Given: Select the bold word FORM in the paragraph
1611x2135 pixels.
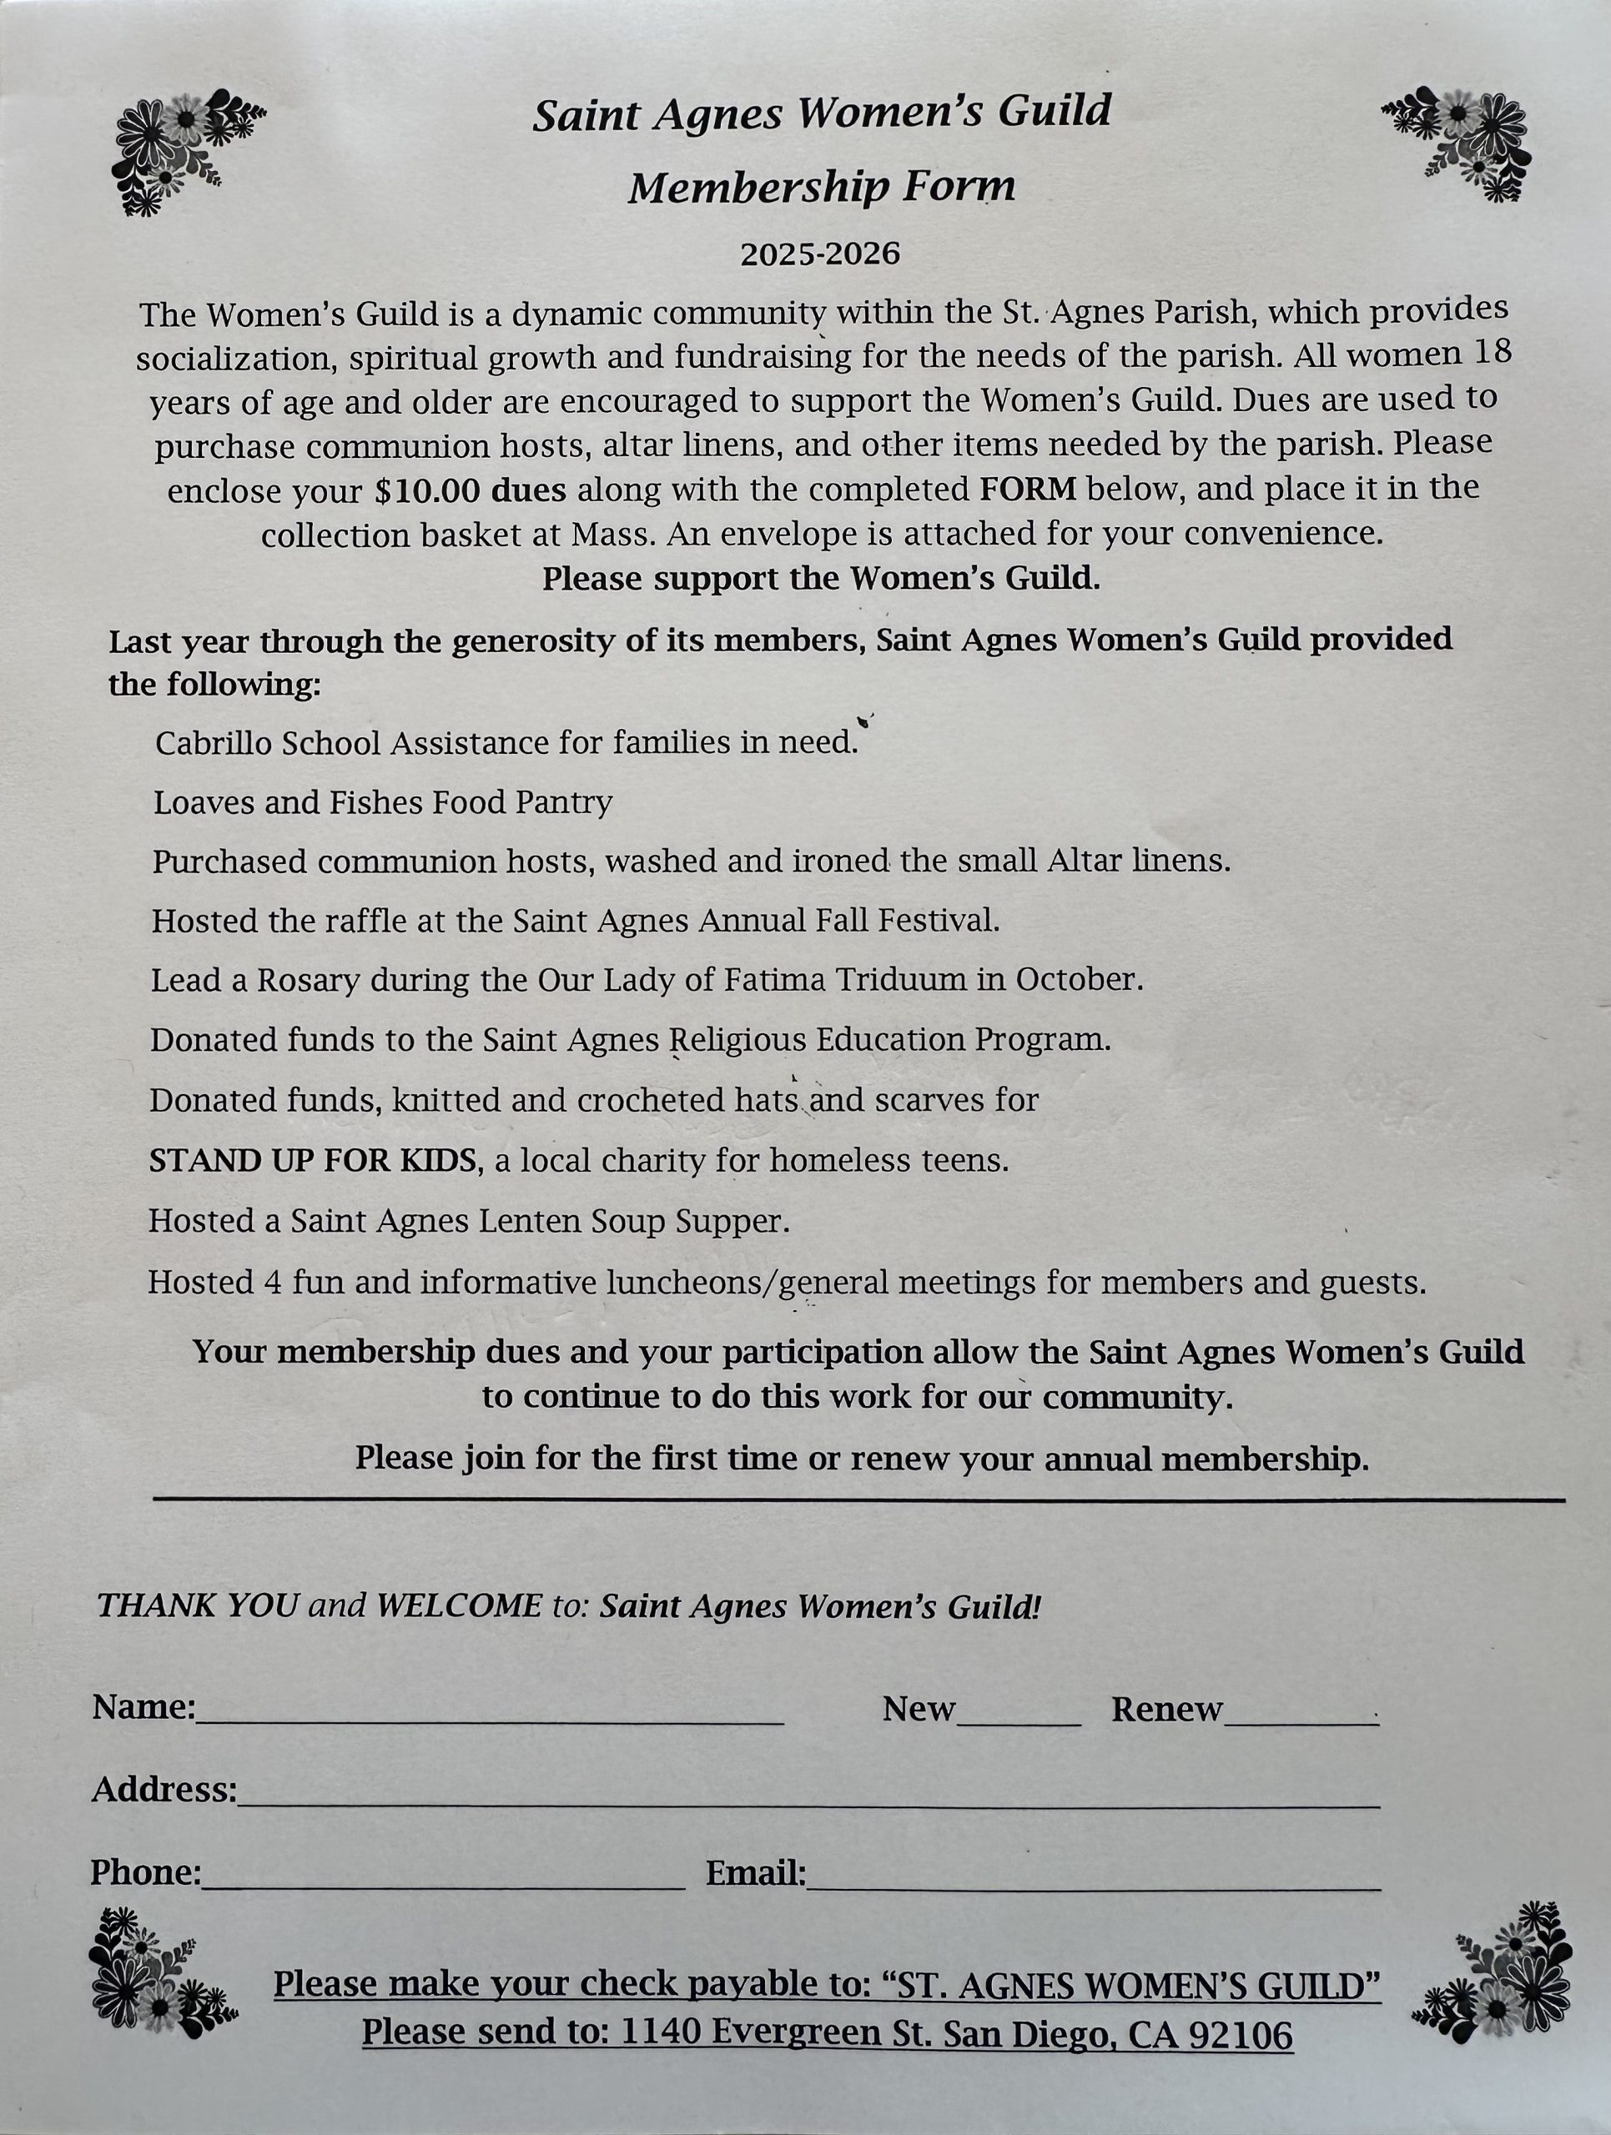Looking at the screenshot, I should click(x=1027, y=490).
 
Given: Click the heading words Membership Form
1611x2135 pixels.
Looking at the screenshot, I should click(x=822, y=188).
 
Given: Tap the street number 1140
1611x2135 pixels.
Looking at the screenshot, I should click(x=662, y=2032).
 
